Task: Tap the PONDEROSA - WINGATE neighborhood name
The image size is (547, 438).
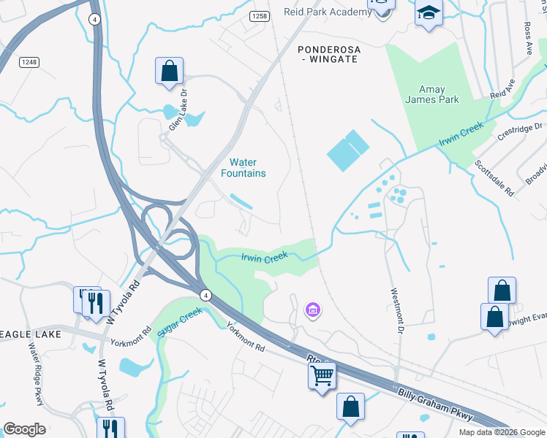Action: [328, 54]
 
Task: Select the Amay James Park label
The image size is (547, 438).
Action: [432, 94]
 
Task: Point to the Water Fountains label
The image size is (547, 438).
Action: [244, 168]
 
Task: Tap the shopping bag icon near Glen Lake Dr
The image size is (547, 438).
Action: [169, 72]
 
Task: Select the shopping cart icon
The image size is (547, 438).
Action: [322, 376]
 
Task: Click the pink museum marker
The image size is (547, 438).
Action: [312, 311]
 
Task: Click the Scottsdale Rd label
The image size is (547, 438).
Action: [484, 178]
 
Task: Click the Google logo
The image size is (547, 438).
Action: [24, 429]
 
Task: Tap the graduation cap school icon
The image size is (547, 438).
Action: [429, 12]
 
